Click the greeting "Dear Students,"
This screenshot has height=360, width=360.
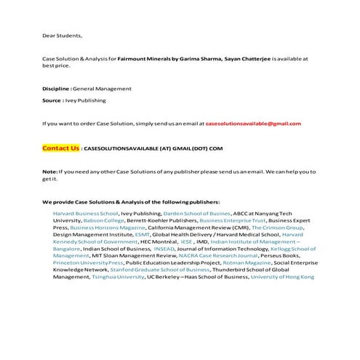pos(62,35)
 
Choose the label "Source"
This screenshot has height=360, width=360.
pos(52,100)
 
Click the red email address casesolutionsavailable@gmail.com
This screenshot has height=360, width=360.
pos(253,124)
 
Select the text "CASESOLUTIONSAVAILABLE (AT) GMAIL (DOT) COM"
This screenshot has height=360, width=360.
pos(153,148)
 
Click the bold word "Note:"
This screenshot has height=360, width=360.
pos(49,172)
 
